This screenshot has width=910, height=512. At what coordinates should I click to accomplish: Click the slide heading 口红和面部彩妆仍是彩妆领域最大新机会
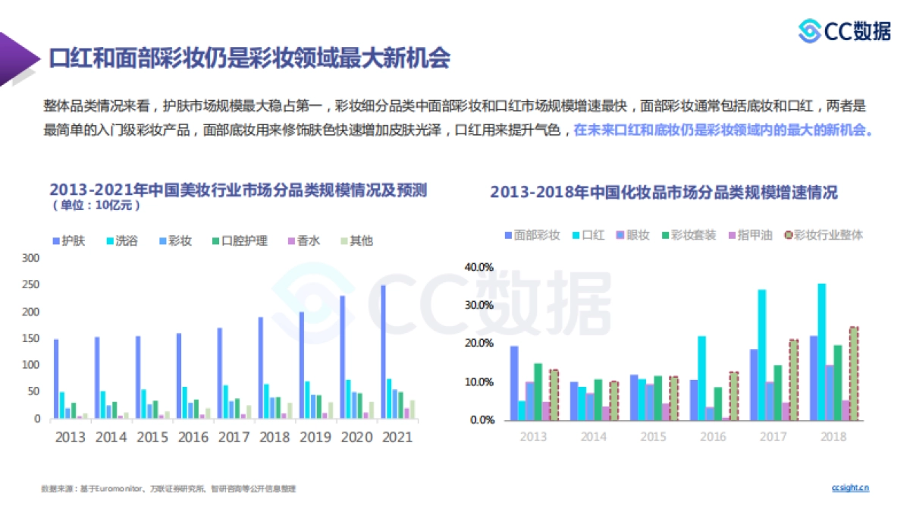(249, 58)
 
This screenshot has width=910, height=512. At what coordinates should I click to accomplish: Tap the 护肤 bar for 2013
(56, 379)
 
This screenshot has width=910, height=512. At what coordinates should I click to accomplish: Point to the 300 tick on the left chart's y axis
(30, 258)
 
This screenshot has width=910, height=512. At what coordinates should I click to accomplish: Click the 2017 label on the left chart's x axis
(234, 437)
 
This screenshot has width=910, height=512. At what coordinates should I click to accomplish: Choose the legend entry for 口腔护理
(239, 241)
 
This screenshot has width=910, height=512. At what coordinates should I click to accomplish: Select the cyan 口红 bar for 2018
(821, 352)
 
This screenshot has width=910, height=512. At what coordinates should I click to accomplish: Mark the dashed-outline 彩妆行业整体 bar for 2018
(854, 373)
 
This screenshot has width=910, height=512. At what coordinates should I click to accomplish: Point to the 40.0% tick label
(479, 267)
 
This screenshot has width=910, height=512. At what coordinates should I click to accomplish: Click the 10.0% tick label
(479, 382)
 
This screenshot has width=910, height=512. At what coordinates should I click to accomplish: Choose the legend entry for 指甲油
(749, 235)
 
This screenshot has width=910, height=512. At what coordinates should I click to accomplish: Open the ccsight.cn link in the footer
(850, 488)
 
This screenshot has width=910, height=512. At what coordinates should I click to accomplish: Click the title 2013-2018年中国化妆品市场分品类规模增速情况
(664, 193)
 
